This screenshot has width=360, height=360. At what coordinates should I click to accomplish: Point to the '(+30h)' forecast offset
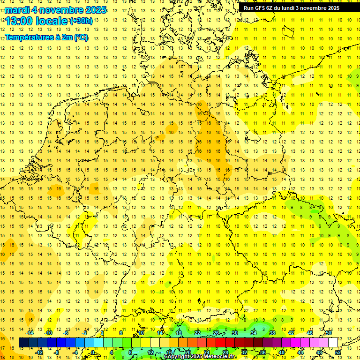tap(81, 21)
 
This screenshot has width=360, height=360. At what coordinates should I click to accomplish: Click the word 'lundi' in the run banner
tap(291, 8)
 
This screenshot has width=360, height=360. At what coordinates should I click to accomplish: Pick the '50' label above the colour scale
tap(329, 333)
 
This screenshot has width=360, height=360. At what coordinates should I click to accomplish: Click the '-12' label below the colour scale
tap(39, 352)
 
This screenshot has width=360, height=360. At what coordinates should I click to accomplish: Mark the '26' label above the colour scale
tap(216, 333)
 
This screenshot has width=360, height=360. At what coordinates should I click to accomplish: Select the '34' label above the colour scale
tap(254, 333)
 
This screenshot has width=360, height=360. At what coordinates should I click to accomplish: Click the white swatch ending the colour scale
tap(333, 343)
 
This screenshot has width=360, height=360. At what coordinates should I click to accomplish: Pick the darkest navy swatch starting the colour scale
tap(23, 343)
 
